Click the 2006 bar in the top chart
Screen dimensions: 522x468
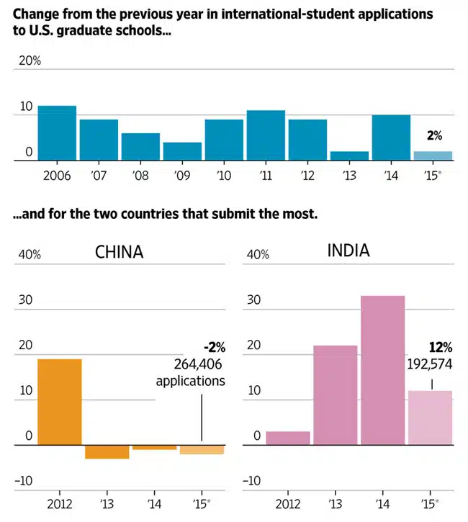[x=57, y=133]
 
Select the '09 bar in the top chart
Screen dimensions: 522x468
[x=182, y=151]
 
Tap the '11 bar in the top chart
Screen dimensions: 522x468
[x=266, y=135]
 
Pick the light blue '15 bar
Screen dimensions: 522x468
[x=433, y=156]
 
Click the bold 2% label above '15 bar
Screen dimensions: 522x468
[x=433, y=135]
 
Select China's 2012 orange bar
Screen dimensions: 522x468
[x=59, y=402]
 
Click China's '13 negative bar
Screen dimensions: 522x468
[x=107, y=452]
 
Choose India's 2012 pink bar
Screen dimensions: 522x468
[x=288, y=438]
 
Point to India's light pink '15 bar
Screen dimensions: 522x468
[x=430, y=418]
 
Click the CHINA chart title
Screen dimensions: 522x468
[x=120, y=252]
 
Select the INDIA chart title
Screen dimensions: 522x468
[x=348, y=251]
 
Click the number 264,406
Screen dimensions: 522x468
[x=199, y=365]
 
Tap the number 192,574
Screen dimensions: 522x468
[x=429, y=364]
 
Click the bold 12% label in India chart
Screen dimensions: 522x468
[x=441, y=348]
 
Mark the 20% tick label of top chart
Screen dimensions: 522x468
[x=30, y=61]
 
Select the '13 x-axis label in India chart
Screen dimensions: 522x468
[x=335, y=503]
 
